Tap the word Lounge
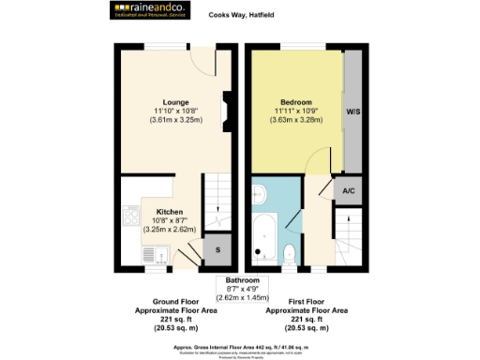(x=175, y=102)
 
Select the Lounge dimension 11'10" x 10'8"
(x=175, y=112)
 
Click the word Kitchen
(x=170, y=212)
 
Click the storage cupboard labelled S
(x=217, y=249)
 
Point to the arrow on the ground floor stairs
(x=217, y=209)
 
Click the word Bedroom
(x=295, y=102)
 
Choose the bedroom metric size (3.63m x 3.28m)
(x=295, y=120)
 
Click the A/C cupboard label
(x=348, y=189)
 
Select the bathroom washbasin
(x=261, y=194)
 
